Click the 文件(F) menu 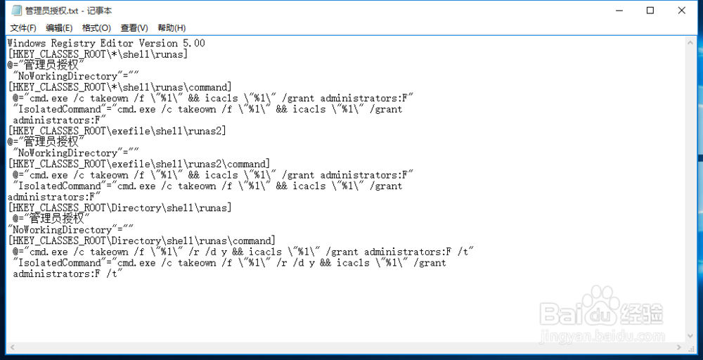point(22,28)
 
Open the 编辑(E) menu point(59,28)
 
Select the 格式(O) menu point(96,28)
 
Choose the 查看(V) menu point(134,28)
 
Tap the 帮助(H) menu point(172,28)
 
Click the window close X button point(682,11)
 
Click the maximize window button point(650,11)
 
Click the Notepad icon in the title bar point(15,11)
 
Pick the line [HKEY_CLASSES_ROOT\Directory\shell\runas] point(120,207)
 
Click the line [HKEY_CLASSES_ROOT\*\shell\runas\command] point(119,87)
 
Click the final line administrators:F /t point(68,274)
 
